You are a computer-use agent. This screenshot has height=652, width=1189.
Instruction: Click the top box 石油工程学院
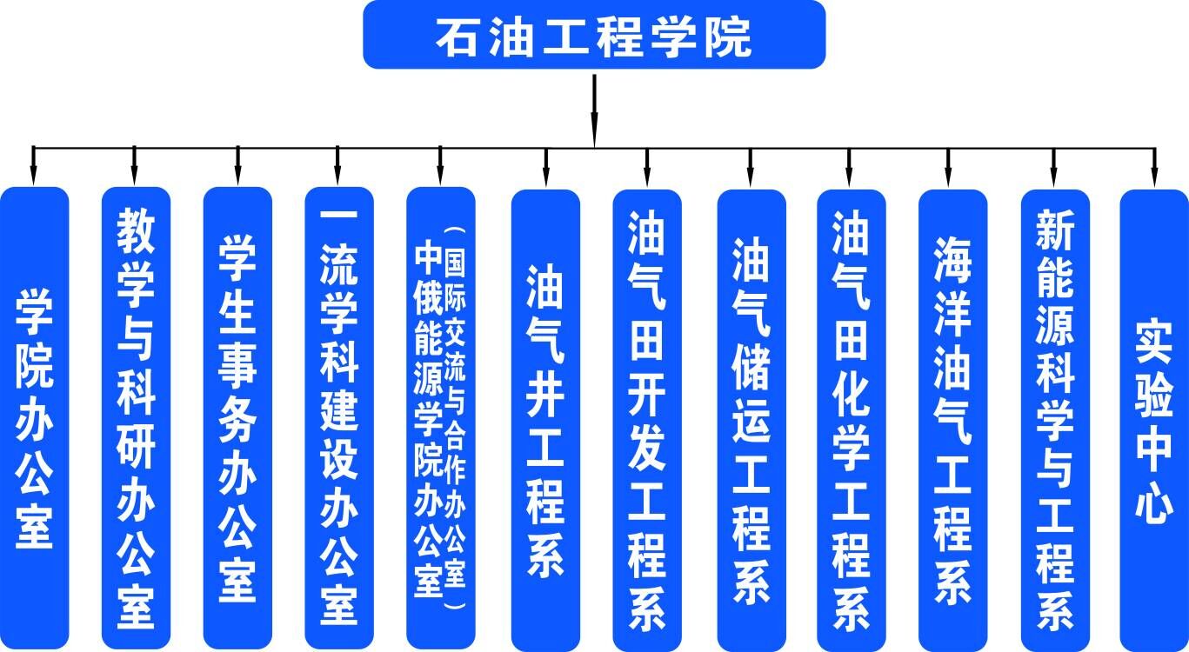tap(593, 35)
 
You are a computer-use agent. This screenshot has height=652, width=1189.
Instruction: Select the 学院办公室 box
tap(34, 417)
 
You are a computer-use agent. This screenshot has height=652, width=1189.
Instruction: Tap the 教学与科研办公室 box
tap(136, 417)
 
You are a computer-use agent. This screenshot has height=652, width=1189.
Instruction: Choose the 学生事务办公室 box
tap(237, 417)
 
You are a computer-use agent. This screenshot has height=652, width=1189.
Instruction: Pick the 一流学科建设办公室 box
tap(339, 417)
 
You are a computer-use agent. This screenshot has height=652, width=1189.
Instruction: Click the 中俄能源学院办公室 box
tap(441, 417)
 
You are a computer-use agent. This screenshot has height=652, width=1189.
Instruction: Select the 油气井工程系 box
tap(545, 417)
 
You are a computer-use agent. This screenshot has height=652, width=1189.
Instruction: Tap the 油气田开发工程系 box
tap(647, 417)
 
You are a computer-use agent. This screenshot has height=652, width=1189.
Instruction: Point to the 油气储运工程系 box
tap(751, 417)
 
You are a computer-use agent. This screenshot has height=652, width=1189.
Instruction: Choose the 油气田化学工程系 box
tap(851, 417)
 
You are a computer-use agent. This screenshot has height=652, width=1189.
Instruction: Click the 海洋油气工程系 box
tap(952, 417)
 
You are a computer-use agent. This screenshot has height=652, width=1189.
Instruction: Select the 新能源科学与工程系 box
tap(1054, 417)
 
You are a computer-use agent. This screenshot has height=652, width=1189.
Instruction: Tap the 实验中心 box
tap(1154, 417)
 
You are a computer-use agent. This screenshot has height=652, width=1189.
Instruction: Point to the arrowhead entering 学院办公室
tap(33, 177)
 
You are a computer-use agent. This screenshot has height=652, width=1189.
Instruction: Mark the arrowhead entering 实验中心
tap(1154, 177)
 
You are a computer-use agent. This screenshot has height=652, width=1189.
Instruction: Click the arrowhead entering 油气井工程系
tap(545, 177)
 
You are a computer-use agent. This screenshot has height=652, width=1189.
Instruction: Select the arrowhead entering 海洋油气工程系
tap(948, 177)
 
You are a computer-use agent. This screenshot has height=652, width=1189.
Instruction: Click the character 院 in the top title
tap(729, 37)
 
